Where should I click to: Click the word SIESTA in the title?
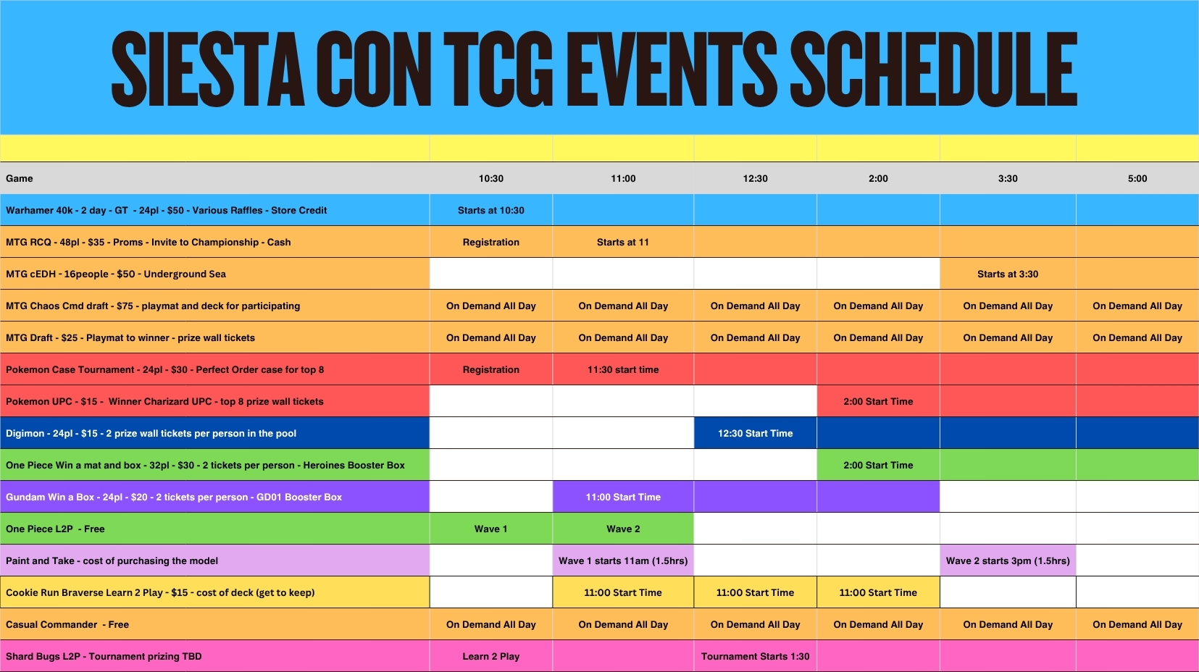click(208, 69)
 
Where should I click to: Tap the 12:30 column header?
click(755, 178)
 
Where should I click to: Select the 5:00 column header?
click(1137, 178)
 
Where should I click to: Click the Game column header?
click(20, 178)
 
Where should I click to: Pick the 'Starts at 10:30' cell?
click(491, 210)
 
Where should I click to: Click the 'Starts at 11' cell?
click(622, 242)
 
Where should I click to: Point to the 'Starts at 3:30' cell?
click(1007, 274)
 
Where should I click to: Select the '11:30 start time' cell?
click(623, 369)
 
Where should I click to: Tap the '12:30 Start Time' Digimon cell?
click(755, 433)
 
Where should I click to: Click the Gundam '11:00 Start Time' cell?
click(623, 497)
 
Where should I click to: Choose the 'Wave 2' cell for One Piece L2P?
click(623, 529)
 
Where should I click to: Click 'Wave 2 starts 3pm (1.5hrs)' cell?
click(1007, 560)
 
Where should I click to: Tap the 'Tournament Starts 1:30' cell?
click(755, 656)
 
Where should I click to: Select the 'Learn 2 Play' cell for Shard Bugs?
click(491, 656)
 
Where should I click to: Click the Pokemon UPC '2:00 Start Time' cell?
click(878, 401)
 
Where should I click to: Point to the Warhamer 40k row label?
click(166, 210)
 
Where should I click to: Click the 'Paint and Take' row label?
click(112, 560)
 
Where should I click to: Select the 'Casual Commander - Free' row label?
click(67, 624)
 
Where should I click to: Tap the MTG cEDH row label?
click(116, 274)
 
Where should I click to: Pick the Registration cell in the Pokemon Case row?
click(491, 369)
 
